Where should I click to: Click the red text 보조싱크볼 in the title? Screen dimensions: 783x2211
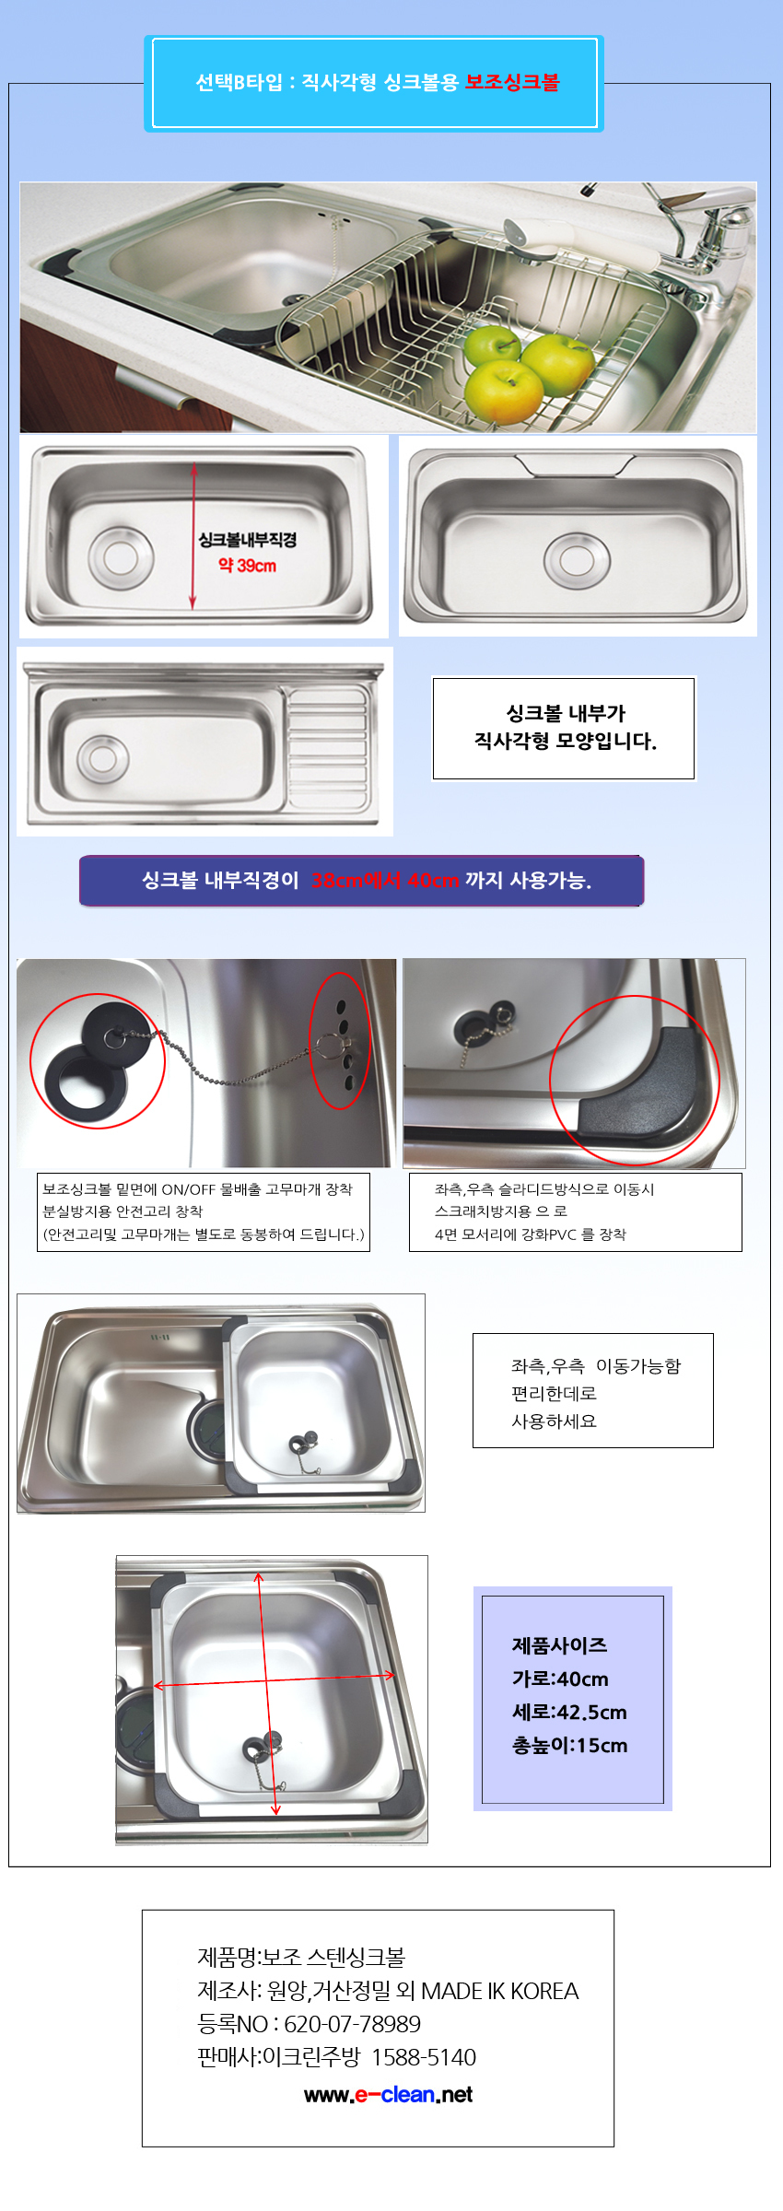point(512,82)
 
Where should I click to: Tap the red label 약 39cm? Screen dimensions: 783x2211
point(247,565)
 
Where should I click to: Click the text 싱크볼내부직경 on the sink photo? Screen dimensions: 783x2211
point(247,540)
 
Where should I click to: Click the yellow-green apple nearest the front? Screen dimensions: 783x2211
point(503,391)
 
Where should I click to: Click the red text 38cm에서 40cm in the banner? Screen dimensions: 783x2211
point(385,881)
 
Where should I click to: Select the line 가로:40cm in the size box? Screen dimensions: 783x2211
point(560,1679)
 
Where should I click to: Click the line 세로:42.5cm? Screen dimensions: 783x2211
point(569,1712)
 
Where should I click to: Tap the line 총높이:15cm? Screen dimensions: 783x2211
point(569,1745)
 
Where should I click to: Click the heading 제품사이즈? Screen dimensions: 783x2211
point(559,1645)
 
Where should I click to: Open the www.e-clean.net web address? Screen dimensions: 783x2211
point(388,2095)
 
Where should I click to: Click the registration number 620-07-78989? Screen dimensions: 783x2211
point(352,2024)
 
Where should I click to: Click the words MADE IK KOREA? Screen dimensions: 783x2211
point(500,1991)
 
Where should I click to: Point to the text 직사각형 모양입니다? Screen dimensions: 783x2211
point(565,741)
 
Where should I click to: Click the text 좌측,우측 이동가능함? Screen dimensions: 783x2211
point(596,1366)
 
